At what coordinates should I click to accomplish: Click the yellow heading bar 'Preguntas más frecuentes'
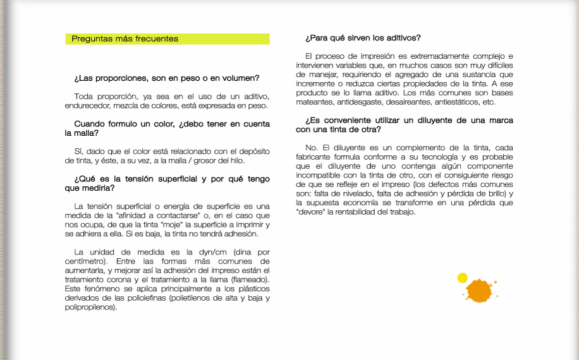pos(168,39)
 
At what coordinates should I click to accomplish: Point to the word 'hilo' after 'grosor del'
pos(236,160)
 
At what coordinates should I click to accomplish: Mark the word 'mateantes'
pos(314,102)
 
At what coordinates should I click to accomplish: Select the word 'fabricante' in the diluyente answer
pos(315,157)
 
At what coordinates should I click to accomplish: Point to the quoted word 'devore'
pos(310,212)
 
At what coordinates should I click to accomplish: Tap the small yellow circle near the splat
pos(462,277)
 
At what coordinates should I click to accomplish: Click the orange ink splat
pos(478,290)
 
